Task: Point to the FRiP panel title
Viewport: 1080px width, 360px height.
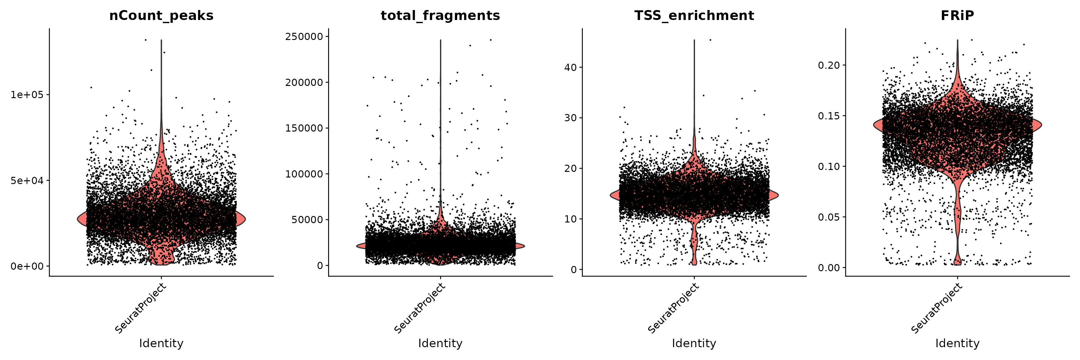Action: (957, 16)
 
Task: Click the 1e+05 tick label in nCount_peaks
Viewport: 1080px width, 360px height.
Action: (27, 95)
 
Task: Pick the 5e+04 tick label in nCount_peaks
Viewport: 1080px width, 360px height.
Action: (27, 181)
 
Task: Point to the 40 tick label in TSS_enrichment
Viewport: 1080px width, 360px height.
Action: (571, 67)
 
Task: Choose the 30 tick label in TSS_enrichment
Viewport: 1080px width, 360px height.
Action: (571, 118)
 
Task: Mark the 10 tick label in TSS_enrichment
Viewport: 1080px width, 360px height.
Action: (571, 219)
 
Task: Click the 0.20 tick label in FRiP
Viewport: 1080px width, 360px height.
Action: (830, 65)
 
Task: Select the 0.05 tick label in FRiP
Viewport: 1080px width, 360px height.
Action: (830, 217)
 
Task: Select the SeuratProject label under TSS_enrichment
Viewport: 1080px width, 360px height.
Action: (673, 308)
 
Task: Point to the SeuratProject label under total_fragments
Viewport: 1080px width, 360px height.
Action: (419, 308)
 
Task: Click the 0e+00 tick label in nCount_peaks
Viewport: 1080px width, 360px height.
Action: (27, 267)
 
